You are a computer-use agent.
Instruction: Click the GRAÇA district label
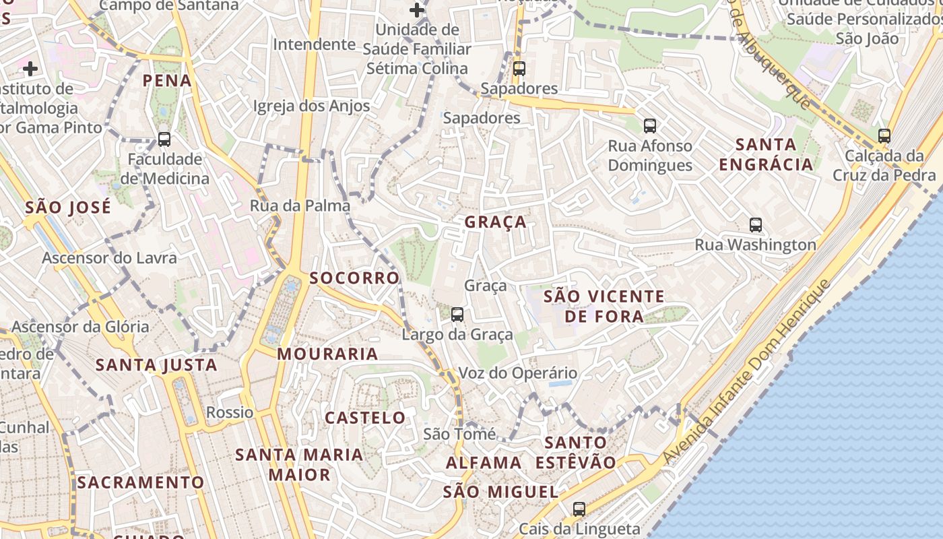(495, 222)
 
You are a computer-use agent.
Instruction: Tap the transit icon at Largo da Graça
(457, 314)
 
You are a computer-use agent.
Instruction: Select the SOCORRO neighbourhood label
(354, 278)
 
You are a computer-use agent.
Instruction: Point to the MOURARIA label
(327, 354)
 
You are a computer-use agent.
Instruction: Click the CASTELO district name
(365, 418)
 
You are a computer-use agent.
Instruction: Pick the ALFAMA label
(484, 463)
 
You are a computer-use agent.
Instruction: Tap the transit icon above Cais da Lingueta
(579, 509)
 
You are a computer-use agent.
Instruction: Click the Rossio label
(230, 412)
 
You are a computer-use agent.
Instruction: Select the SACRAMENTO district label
(140, 482)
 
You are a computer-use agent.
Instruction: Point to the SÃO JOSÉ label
(68, 208)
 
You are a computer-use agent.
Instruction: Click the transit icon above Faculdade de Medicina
(164, 139)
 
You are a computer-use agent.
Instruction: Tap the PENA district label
(167, 81)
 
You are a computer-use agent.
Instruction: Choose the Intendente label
(314, 44)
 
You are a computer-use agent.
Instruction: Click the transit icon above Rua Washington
(756, 225)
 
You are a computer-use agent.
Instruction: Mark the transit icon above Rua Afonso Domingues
(650, 125)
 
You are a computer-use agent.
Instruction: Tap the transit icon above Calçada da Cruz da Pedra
(884, 135)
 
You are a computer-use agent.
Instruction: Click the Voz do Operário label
(517, 373)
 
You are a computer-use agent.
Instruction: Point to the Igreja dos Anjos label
(311, 106)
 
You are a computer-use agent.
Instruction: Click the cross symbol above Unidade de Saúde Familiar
(417, 10)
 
